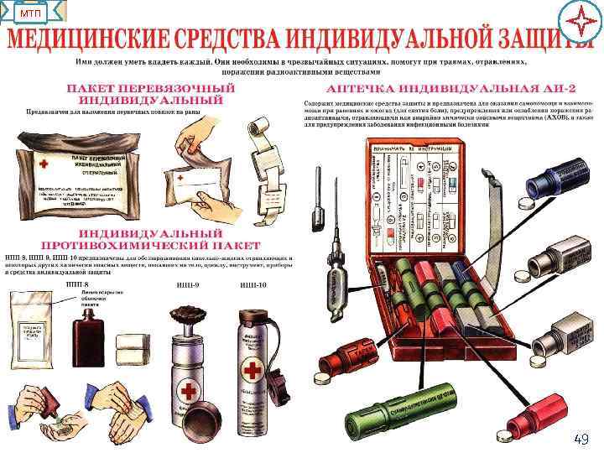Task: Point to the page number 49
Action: (x=581, y=439)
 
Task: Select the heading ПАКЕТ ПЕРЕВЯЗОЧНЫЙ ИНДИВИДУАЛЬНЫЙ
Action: (x=151, y=94)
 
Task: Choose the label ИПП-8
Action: (x=78, y=286)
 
